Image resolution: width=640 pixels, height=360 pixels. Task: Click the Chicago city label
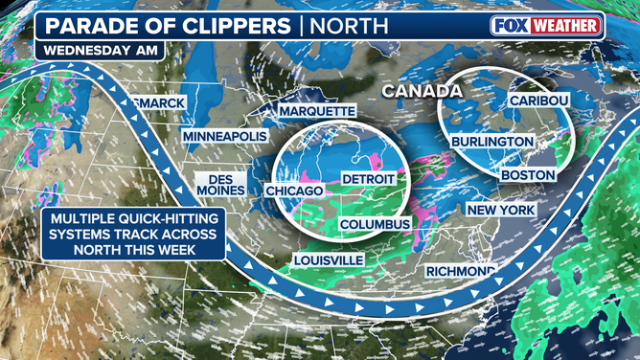click(286, 191)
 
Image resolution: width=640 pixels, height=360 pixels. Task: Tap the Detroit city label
click(368, 179)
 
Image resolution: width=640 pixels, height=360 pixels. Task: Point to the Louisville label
click(329, 260)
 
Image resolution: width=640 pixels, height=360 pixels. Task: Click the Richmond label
click(461, 270)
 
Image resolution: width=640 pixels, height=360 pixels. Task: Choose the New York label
click(500, 210)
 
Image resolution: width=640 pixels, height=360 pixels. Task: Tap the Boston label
click(528, 175)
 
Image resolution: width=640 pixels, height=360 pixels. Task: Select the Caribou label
click(539, 101)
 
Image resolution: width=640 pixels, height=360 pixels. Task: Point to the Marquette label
click(316, 112)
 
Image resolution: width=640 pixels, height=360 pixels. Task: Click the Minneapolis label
click(224, 137)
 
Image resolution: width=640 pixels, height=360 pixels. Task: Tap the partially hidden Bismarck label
click(153, 101)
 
